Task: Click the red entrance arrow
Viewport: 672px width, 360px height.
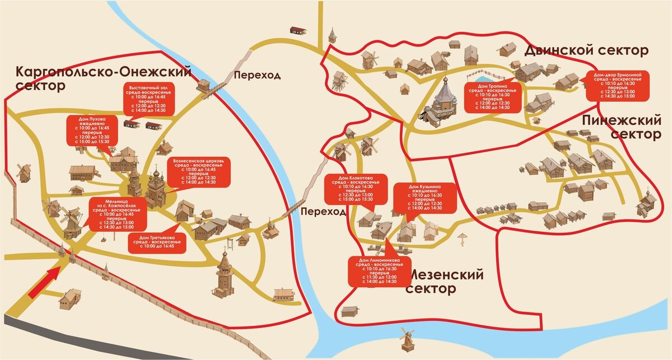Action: coord(45,282)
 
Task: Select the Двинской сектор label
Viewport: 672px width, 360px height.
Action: coord(586,51)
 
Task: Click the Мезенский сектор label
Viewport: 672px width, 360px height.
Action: coord(445,282)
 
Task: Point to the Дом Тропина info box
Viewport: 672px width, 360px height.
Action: coord(489,96)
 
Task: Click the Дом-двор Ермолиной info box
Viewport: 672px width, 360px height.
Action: coord(618,85)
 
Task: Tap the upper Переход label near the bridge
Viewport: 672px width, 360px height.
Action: coord(258,75)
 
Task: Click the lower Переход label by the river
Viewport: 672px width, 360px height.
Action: coord(323,212)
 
